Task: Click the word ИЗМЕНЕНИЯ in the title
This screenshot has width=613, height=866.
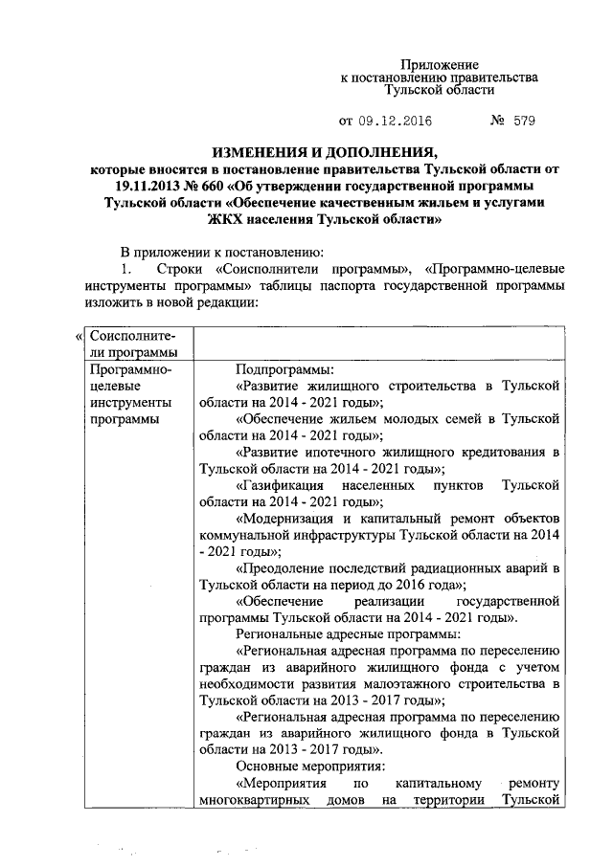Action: click(268, 153)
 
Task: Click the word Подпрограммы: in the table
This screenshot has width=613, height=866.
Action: click(284, 367)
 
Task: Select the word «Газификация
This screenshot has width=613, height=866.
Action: click(284, 485)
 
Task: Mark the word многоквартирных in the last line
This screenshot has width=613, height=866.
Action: click(255, 799)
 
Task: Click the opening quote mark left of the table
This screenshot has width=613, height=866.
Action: click(78, 337)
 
